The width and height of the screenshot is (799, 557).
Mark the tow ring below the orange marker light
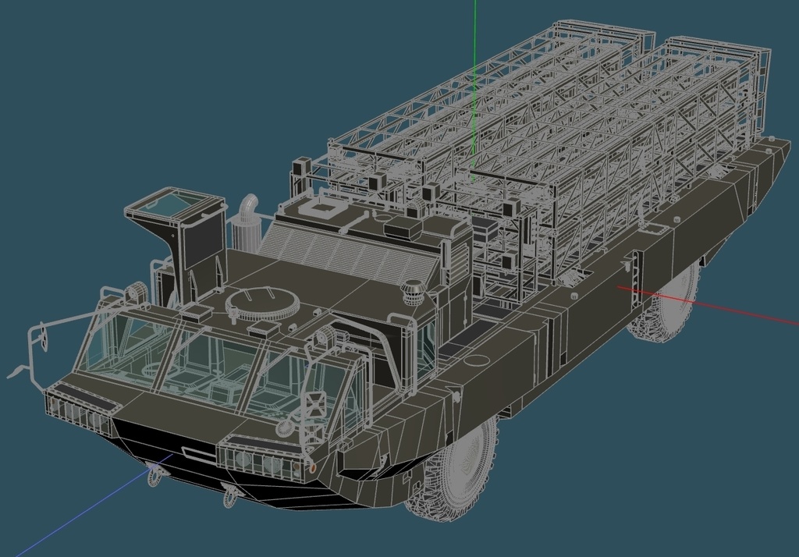point(230,494)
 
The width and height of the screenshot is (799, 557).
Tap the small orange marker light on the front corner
point(312,468)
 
